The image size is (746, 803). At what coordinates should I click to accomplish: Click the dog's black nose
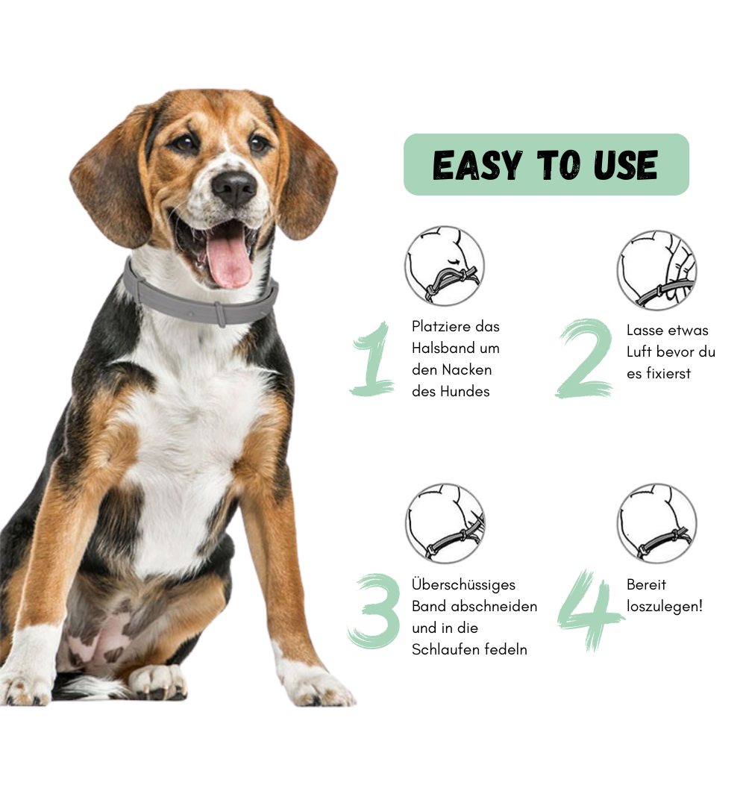click(x=234, y=187)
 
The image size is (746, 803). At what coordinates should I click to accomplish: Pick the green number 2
click(x=585, y=357)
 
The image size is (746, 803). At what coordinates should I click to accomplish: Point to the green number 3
click(x=374, y=611)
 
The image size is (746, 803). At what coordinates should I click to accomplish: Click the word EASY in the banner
click(x=477, y=165)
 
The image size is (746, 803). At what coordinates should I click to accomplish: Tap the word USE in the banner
click(x=625, y=165)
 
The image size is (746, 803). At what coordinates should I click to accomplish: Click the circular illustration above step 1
click(x=445, y=266)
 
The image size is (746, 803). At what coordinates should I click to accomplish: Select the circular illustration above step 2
click(x=657, y=270)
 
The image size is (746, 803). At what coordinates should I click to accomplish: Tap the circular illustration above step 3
click(x=445, y=523)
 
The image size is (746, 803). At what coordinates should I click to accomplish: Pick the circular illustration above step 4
click(x=657, y=523)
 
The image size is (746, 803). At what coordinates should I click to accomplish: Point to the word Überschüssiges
click(x=463, y=585)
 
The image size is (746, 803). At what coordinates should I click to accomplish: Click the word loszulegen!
click(x=665, y=607)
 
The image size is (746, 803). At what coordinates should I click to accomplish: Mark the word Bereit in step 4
click(x=646, y=585)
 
